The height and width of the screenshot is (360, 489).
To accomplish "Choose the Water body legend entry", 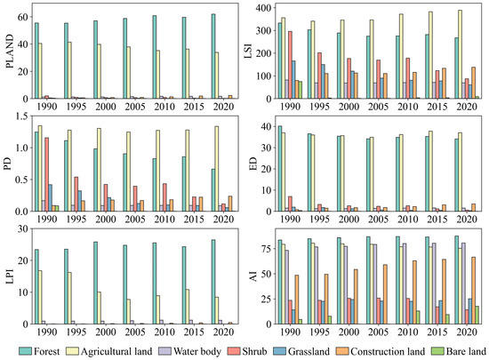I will tap(199, 348).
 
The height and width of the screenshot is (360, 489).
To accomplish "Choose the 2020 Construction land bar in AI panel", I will tap(473, 291).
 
